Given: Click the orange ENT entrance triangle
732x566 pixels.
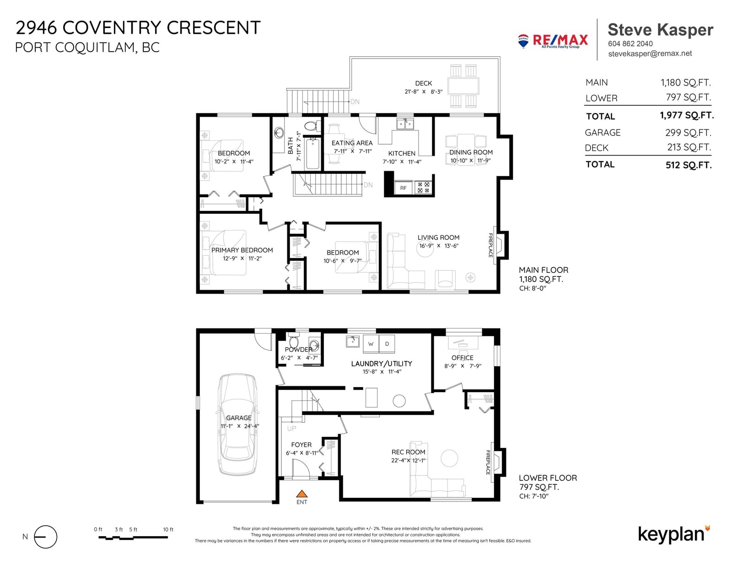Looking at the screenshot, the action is click(x=301, y=494).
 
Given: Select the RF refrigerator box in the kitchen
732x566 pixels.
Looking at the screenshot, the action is click(x=403, y=188).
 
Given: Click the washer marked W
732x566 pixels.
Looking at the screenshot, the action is click(x=371, y=344).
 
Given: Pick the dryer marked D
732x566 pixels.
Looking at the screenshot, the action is click(x=387, y=344).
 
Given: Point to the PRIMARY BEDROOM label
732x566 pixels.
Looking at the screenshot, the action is click(x=242, y=250).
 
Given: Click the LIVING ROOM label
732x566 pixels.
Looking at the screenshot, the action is click(x=438, y=237).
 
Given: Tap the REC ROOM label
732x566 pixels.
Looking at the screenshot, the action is click(x=408, y=452).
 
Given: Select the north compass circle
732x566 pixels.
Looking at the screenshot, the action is click(x=45, y=537).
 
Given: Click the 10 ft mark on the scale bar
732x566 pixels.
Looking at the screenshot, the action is click(x=168, y=529).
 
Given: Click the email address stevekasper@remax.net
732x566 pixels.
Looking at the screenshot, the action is click(x=650, y=54).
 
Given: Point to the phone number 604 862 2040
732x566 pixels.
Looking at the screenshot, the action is click(x=630, y=44).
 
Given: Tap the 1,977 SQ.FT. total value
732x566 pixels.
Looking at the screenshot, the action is click(x=687, y=116).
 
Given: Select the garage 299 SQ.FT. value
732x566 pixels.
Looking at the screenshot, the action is click(x=688, y=133).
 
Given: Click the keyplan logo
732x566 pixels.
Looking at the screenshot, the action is click(x=674, y=535).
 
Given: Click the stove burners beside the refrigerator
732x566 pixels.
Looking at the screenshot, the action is click(x=424, y=188).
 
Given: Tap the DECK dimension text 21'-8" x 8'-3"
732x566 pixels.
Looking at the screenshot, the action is click(x=424, y=92).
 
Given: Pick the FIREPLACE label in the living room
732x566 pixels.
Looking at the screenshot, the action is click(x=490, y=245).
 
